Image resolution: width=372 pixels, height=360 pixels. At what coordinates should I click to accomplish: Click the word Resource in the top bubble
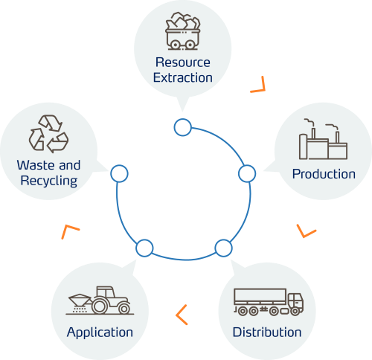(183, 62)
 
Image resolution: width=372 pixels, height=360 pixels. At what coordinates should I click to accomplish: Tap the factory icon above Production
(323, 141)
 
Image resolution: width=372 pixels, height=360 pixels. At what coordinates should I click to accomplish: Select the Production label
(324, 174)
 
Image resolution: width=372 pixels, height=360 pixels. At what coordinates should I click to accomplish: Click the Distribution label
(267, 332)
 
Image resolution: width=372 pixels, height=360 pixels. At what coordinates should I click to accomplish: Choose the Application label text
(100, 332)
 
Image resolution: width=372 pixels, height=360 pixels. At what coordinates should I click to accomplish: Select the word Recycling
(49, 181)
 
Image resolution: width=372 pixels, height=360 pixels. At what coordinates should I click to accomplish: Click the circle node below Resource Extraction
(182, 127)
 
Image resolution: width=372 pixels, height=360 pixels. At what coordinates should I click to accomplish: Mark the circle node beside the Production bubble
(246, 173)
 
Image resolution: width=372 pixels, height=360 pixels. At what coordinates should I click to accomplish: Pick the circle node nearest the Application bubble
(144, 248)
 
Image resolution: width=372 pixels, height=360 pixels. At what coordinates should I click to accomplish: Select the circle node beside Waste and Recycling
(119, 173)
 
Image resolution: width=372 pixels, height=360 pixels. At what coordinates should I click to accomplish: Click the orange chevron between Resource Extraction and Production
(258, 85)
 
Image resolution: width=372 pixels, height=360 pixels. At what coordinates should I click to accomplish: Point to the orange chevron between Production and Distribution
(306, 231)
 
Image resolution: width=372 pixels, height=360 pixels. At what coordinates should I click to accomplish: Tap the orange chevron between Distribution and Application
(182, 315)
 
